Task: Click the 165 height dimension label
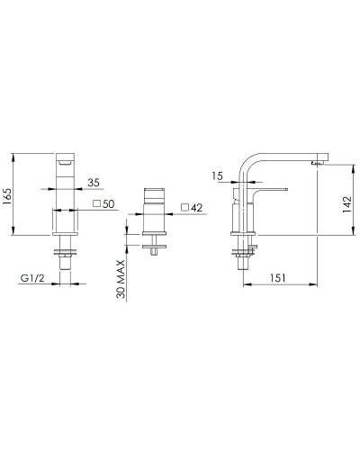[x=7, y=196]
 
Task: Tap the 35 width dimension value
[x=94, y=183]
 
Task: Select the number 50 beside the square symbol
[x=109, y=204]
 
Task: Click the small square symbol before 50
[x=97, y=203]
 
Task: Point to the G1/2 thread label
[x=32, y=278]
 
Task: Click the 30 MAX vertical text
[x=121, y=279]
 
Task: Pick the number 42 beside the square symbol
[x=196, y=208]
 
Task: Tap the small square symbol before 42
[x=185, y=207]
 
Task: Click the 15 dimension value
[x=217, y=175]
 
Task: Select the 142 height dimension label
[x=346, y=204]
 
